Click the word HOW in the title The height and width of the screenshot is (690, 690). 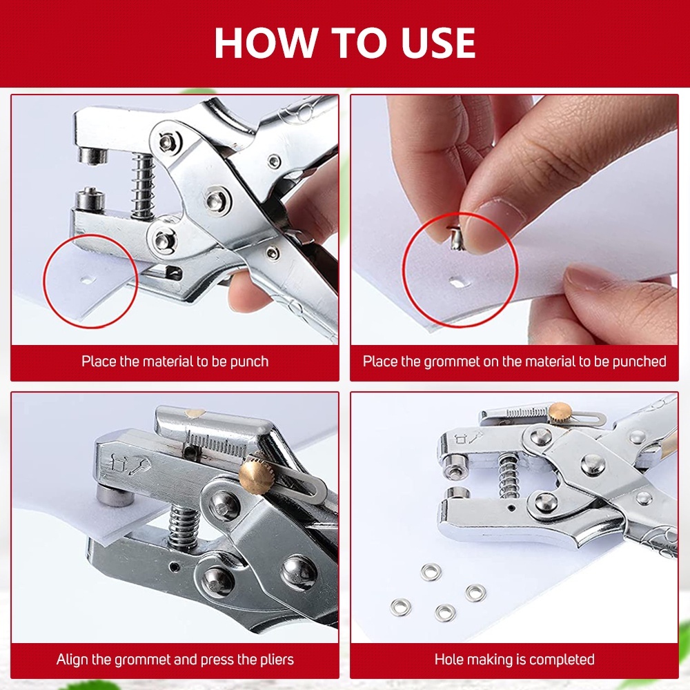coord(265,43)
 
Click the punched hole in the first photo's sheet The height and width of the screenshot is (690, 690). coord(87,280)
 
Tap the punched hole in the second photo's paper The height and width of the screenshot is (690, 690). coord(458,282)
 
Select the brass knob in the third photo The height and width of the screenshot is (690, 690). coord(257,475)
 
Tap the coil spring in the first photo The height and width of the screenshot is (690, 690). coord(144,186)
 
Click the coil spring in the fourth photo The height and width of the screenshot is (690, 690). coord(509,477)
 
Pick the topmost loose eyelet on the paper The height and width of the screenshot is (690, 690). coord(431,573)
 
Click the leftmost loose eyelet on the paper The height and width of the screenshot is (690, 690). coord(401,607)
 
